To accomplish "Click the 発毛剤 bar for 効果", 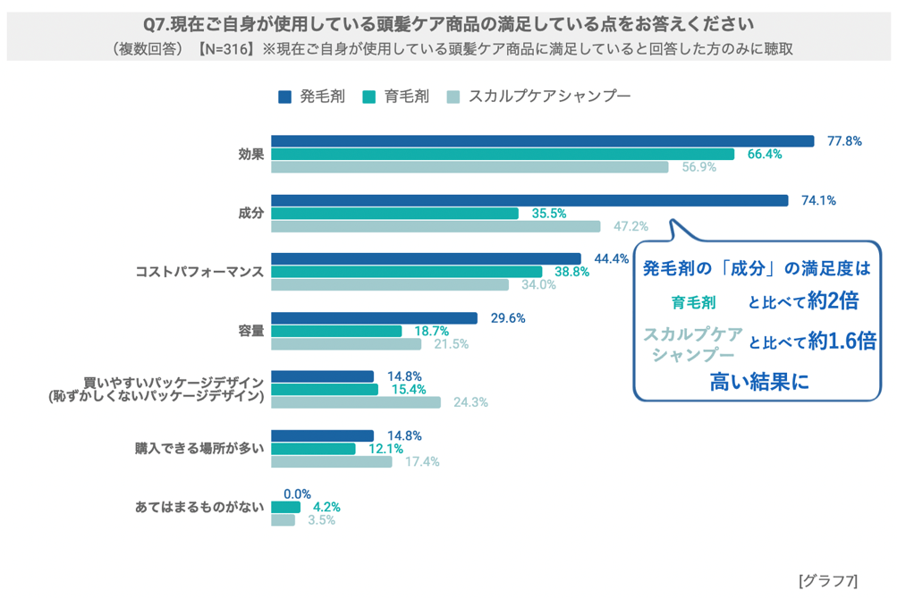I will (542, 141).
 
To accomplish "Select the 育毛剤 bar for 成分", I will (394, 214).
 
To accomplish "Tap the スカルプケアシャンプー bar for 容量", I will (346, 344).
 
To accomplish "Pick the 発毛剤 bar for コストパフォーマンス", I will (426, 258).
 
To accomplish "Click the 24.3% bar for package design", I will (356, 402).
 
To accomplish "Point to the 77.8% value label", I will (844, 141).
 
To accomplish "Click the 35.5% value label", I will (548, 214).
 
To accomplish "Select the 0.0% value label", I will (297, 494).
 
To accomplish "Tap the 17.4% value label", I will (422, 462).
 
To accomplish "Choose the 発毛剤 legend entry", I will (311, 97).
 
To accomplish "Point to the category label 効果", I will (250, 154).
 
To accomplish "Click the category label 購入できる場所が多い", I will (199, 449).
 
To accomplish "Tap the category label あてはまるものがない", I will (199, 507).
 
